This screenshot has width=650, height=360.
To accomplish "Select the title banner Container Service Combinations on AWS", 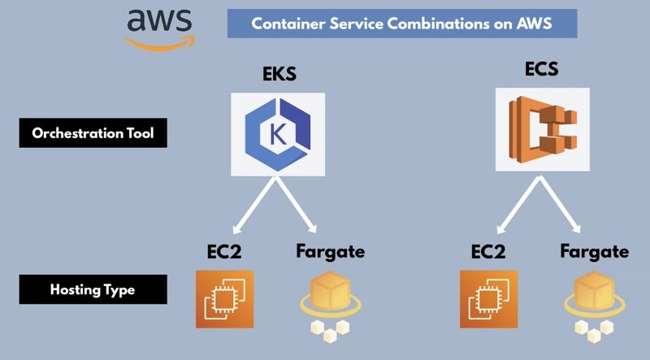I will tap(401, 24).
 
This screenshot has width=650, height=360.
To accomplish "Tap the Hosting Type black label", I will tap(93, 288).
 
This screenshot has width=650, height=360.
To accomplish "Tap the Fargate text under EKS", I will tap(330, 251).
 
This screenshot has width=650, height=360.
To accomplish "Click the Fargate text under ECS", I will tap(594, 251).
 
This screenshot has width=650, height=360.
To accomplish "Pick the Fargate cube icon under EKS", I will tap(330, 303).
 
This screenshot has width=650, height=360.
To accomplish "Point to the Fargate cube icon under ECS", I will tap(593, 303).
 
